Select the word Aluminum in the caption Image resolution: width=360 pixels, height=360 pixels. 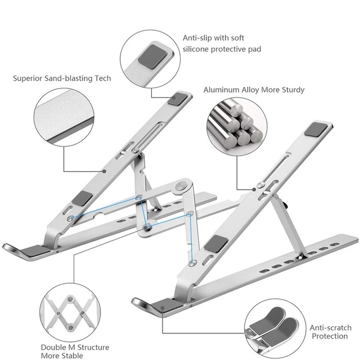[x=221, y=90]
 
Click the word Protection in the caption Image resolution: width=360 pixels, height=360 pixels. [x=329, y=336]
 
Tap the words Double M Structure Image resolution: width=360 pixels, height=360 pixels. [x=74, y=347]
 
